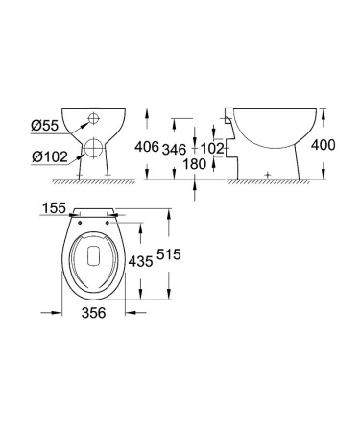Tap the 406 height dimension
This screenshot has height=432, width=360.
click(x=147, y=147)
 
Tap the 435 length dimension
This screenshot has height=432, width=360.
click(x=142, y=260)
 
